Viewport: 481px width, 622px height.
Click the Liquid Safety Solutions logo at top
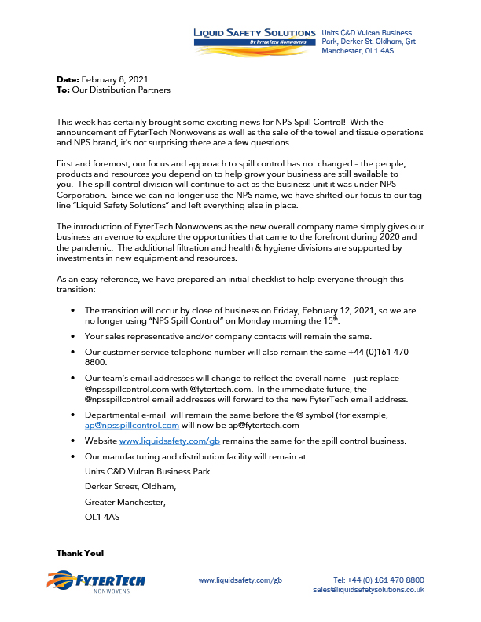[255, 36]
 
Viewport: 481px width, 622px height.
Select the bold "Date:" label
[68, 80]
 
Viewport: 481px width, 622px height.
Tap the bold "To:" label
[64, 90]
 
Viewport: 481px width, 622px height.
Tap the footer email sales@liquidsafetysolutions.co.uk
[369, 589]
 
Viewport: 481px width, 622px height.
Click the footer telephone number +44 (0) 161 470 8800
[379, 580]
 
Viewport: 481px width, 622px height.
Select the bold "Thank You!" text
[80, 553]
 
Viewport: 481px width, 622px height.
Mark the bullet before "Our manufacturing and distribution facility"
[73, 456]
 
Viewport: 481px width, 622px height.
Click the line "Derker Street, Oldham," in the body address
[130, 487]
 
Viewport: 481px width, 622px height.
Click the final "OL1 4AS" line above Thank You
[103, 518]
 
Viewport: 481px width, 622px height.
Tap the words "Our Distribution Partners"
[122, 90]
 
